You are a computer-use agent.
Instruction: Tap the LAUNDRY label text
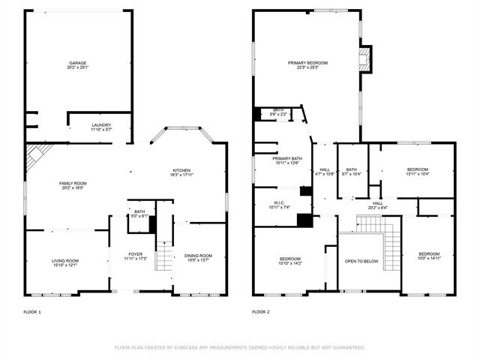click(101, 124)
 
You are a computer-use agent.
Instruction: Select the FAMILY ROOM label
click(73, 184)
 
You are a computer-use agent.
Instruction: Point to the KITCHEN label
click(181, 170)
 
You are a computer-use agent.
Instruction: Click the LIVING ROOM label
click(65, 260)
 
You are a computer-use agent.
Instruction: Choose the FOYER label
click(136, 254)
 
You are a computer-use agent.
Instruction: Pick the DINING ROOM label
click(199, 256)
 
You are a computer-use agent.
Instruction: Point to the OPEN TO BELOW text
click(361, 262)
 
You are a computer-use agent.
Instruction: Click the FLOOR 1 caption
click(32, 311)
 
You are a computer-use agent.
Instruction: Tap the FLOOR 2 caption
click(260, 311)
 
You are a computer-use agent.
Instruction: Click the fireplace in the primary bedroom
click(364, 60)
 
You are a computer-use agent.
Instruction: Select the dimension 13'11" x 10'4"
click(417, 175)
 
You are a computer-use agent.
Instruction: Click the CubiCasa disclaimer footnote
click(240, 348)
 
